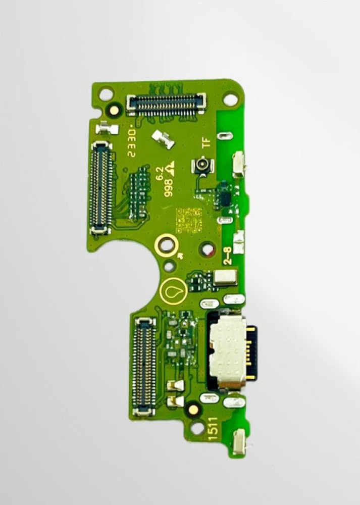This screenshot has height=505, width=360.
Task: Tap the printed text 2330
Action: click(x=132, y=142)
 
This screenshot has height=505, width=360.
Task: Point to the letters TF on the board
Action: click(x=205, y=142)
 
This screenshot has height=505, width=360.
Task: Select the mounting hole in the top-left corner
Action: click(x=107, y=94)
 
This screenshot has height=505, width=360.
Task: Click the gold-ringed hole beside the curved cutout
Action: click(x=167, y=243)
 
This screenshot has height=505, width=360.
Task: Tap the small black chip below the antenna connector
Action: click(x=222, y=194)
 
